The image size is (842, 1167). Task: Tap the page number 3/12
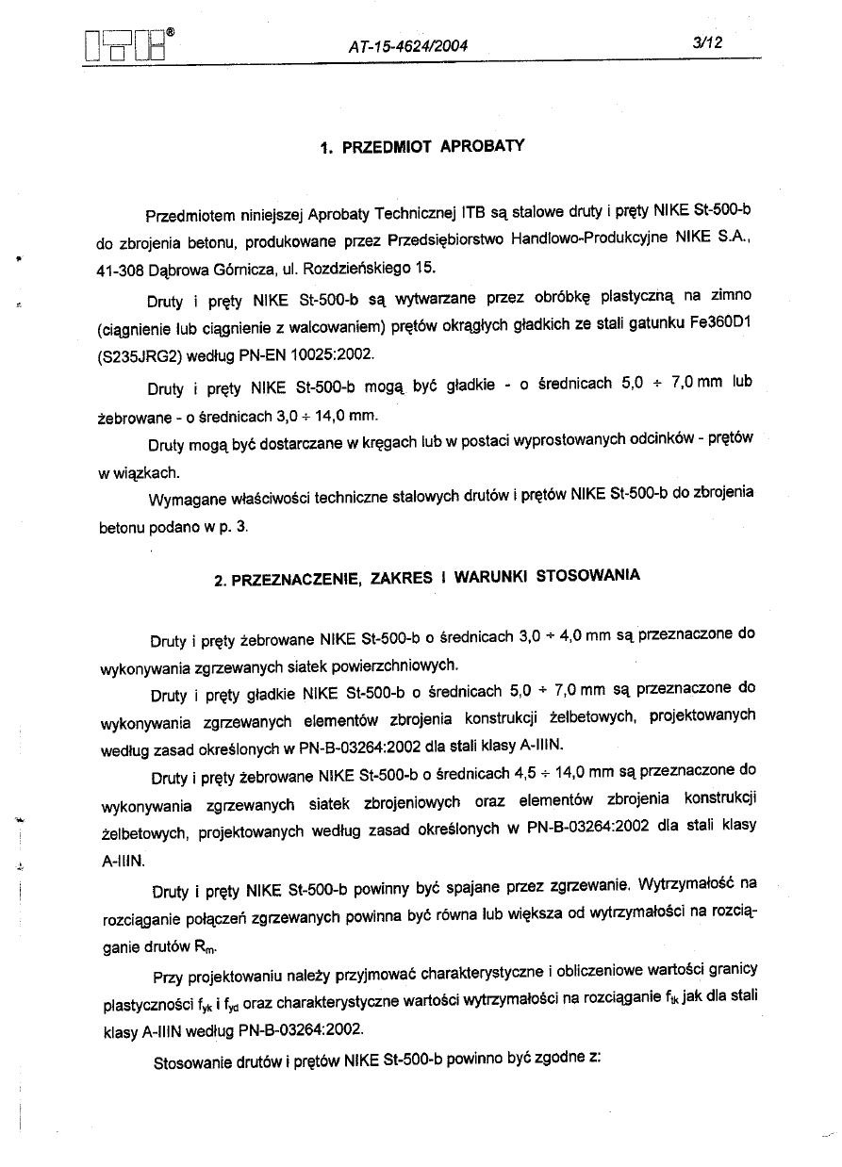pyautogui.click(x=705, y=43)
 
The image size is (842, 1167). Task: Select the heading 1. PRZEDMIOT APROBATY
pyautogui.click(x=421, y=148)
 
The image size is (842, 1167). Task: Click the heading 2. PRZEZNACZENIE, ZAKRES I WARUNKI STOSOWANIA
pyautogui.click(x=427, y=578)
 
